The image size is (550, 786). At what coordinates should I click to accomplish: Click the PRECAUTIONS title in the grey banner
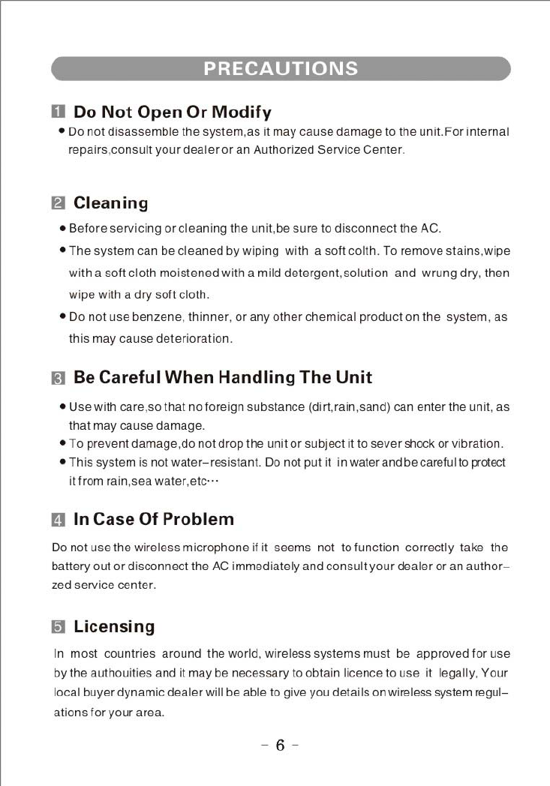[281, 69]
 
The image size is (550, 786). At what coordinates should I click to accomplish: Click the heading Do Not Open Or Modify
[172, 112]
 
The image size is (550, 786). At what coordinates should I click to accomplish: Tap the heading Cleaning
[110, 203]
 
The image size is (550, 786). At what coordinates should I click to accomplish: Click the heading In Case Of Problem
[153, 519]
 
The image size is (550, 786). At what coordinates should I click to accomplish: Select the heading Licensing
[113, 626]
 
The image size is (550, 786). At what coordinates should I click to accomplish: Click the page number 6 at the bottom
[280, 745]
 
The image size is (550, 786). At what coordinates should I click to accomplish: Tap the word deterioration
[194, 339]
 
